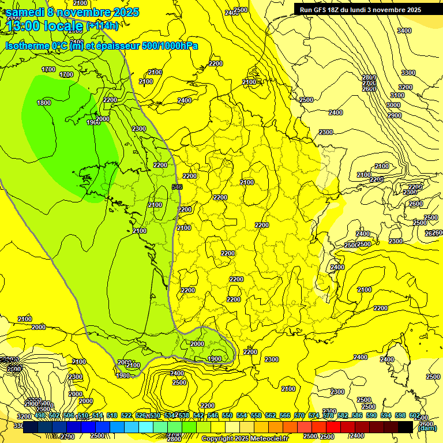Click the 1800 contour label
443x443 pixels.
44,103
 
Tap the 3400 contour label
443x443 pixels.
404,31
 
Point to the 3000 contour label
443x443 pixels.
393,105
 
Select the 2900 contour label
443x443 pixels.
394,115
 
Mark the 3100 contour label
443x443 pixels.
397,95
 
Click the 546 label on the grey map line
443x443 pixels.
177,187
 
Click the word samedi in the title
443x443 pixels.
26,12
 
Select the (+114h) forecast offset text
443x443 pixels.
102,26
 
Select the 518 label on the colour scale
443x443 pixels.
112,415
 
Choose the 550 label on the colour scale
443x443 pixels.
227,415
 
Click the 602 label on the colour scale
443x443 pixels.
414,415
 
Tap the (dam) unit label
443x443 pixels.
427,427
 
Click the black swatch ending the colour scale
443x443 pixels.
406,427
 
